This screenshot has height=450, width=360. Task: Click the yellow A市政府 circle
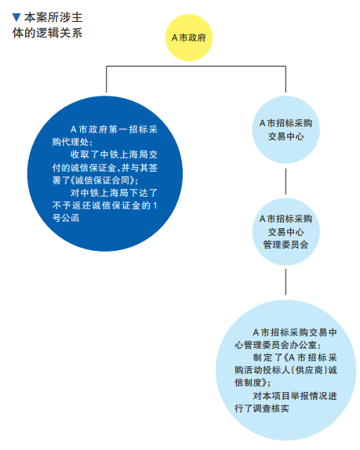(188, 38)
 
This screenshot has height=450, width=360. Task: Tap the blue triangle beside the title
(16, 17)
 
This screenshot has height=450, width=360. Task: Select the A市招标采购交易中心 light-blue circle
(285, 129)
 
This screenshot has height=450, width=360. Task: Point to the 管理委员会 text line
(285, 245)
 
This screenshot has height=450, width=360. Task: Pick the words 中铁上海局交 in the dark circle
(129, 154)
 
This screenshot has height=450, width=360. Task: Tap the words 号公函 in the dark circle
(66, 218)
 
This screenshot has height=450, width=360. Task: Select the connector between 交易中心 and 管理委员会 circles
(285, 181)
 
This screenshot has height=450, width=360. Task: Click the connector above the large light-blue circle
(285, 281)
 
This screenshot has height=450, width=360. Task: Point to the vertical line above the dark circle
(107, 79)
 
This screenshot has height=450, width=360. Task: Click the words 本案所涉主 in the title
(53, 18)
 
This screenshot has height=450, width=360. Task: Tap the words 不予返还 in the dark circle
(71, 205)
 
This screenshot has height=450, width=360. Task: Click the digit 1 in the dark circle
(155, 205)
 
